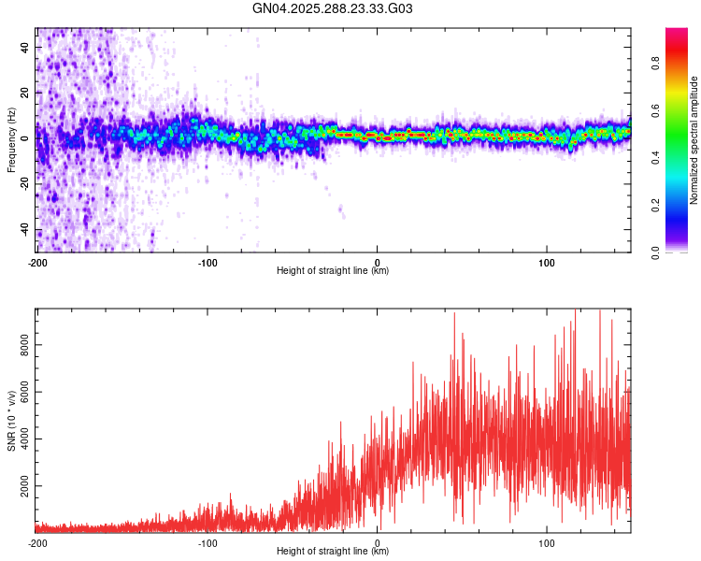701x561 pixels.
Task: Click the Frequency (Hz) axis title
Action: [x=11, y=139]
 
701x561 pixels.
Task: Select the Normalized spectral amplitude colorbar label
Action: [x=694, y=140]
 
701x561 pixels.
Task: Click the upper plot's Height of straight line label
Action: [x=333, y=270]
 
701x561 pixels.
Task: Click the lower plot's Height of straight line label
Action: [x=333, y=552]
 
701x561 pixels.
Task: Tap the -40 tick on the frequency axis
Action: [x=24, y=231]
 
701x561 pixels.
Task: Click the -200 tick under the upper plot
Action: [x=37, y=262]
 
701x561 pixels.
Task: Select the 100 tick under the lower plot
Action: [x=546, y=542]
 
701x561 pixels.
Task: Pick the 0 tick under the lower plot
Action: [x=377, y=542]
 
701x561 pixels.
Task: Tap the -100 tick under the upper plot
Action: [x=207, y=262]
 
